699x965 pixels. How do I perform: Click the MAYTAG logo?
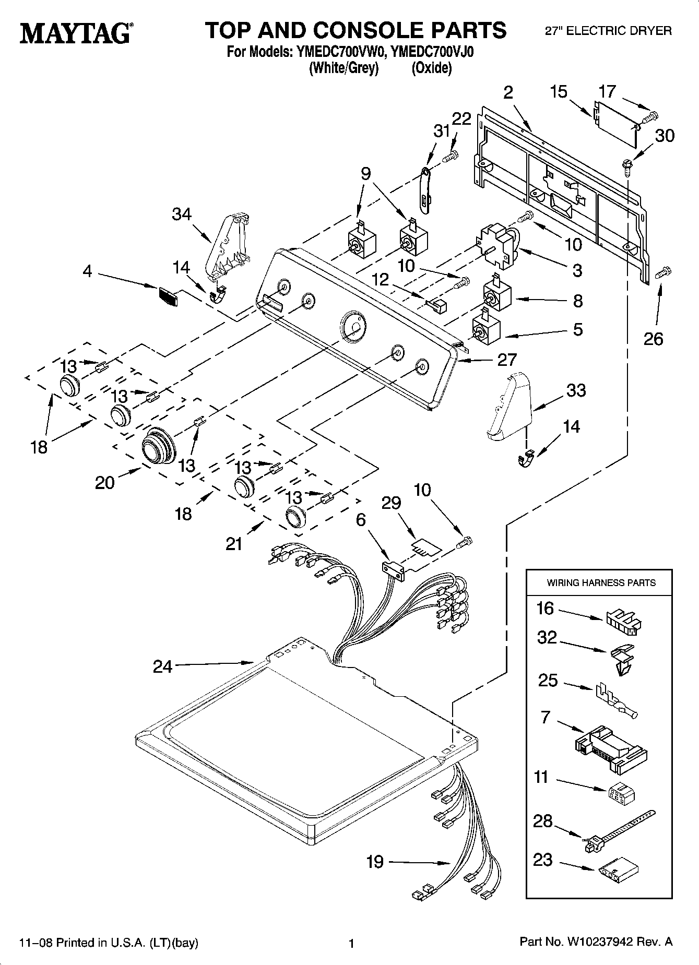[x=76, y=33]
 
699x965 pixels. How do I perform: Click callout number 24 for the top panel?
[x=162, y=666]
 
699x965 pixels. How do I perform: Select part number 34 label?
[x=182, y=215]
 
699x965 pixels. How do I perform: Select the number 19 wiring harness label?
[x=375, y=862]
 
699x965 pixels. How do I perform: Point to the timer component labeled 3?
[x=499, y=246]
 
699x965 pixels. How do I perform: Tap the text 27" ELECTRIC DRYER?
[x=608, y=31]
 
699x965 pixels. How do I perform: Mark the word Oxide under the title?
[x=431, y=68]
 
